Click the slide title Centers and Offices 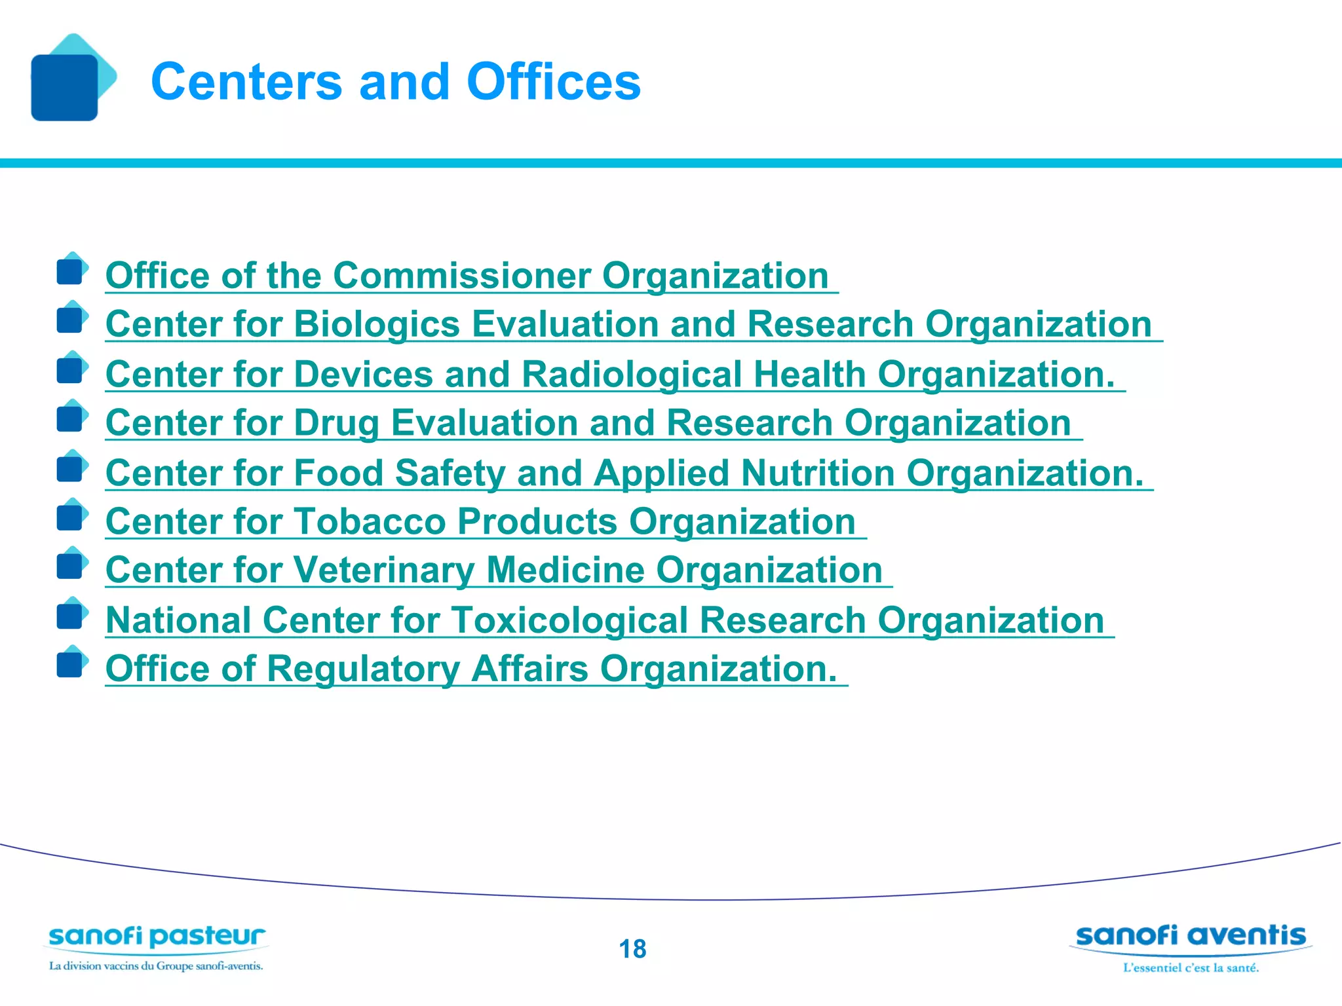point(396,82)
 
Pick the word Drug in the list point(337,424)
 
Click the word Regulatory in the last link point(363,669)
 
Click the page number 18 point(632,949)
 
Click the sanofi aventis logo point(1191,936)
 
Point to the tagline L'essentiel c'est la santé point(1191,968)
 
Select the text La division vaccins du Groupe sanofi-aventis point(156,966)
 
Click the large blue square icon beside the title point(65,87)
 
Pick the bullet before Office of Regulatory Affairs point(71,664)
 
